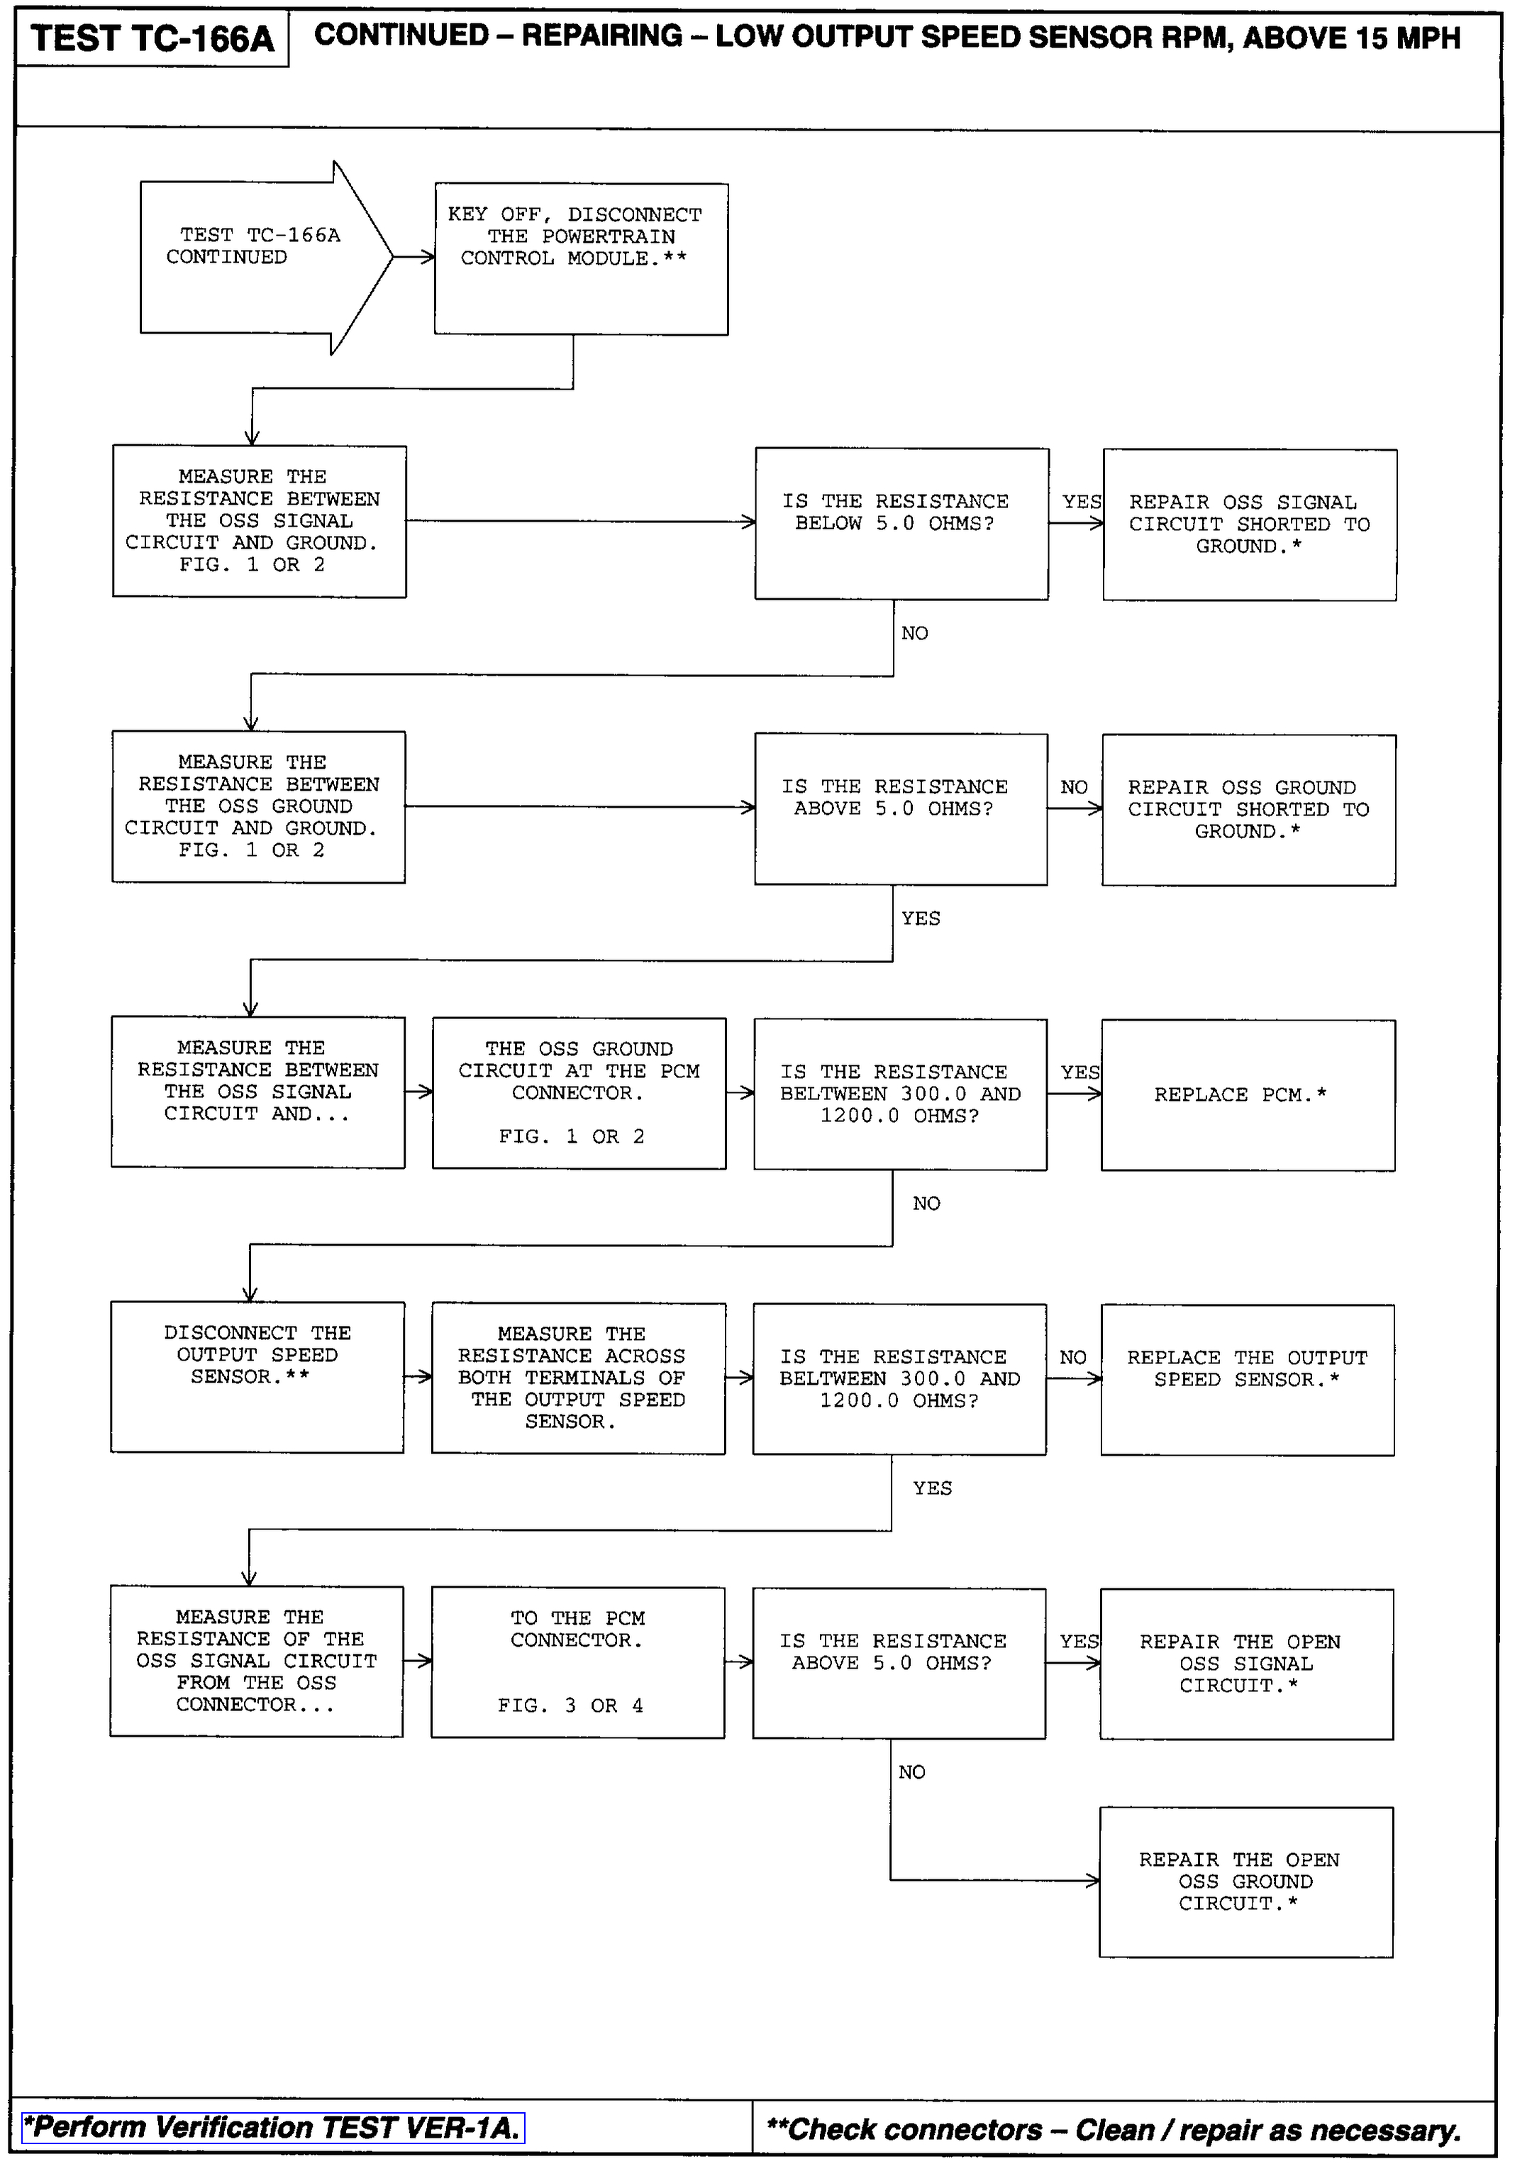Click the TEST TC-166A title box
[x=152, y=40]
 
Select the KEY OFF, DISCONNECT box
[x=581, y=258]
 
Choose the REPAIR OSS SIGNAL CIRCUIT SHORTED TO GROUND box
[x=1249, y=524]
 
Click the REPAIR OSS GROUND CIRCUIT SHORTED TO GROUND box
[x=1248, y=810]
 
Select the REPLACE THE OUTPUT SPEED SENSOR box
[x=1246, y=1380]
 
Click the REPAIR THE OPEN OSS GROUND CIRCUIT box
[x=1245, y=1882]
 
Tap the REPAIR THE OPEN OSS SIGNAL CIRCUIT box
[x=1245, y=1664]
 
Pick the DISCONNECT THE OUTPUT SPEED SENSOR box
[x=257, y=1377]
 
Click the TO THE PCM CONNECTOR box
[x=577, y=1662]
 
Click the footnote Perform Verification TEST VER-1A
[x=272, y=2128]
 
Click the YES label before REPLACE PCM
[x=1079, y=1072]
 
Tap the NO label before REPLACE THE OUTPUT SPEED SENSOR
[x=1072, y=1357]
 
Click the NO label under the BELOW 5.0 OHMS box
[x=914, y=633]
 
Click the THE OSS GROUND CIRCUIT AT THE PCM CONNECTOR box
[x=579, y=1093]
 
